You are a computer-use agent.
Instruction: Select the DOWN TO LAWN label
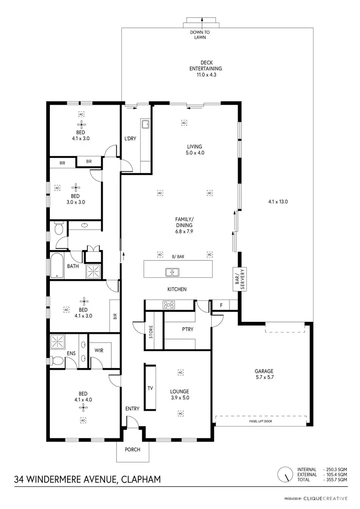201,35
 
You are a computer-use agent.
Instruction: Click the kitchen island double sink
172,272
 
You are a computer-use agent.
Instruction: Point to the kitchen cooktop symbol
169,304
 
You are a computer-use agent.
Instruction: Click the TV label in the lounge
150,388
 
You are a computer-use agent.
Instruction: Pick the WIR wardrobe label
99,350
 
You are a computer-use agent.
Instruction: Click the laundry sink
145,125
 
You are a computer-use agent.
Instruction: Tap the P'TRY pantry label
187,330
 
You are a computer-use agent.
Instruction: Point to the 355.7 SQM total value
336,480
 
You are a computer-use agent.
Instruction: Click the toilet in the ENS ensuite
56,360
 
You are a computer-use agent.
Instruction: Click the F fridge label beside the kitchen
221,305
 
